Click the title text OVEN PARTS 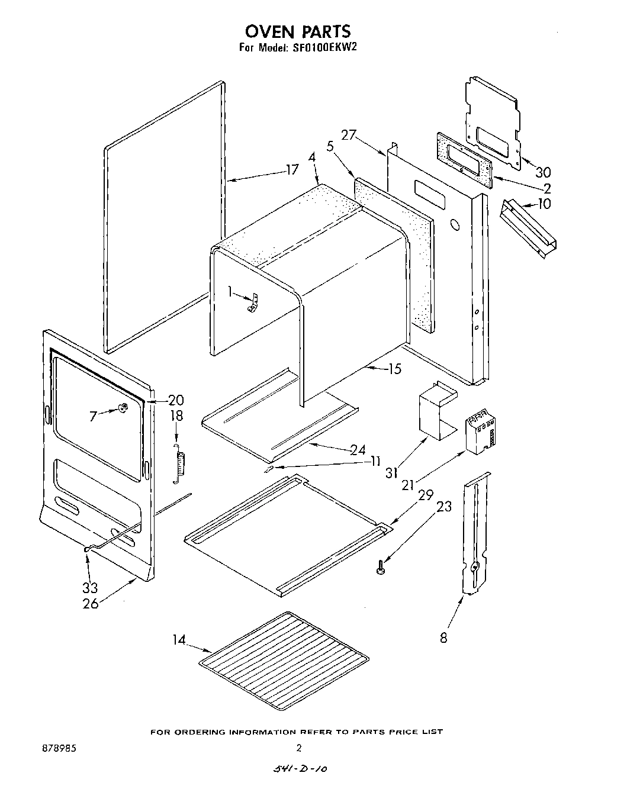[x=297, y=31]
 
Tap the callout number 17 [x=292, y=170]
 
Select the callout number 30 [x=543, y=172]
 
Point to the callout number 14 [x=179, y=640]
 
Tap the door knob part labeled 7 [x=123, y=407]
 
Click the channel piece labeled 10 [x=529, y=227]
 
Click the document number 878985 [x=59, y=748]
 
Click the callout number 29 [x=426, y=495]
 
